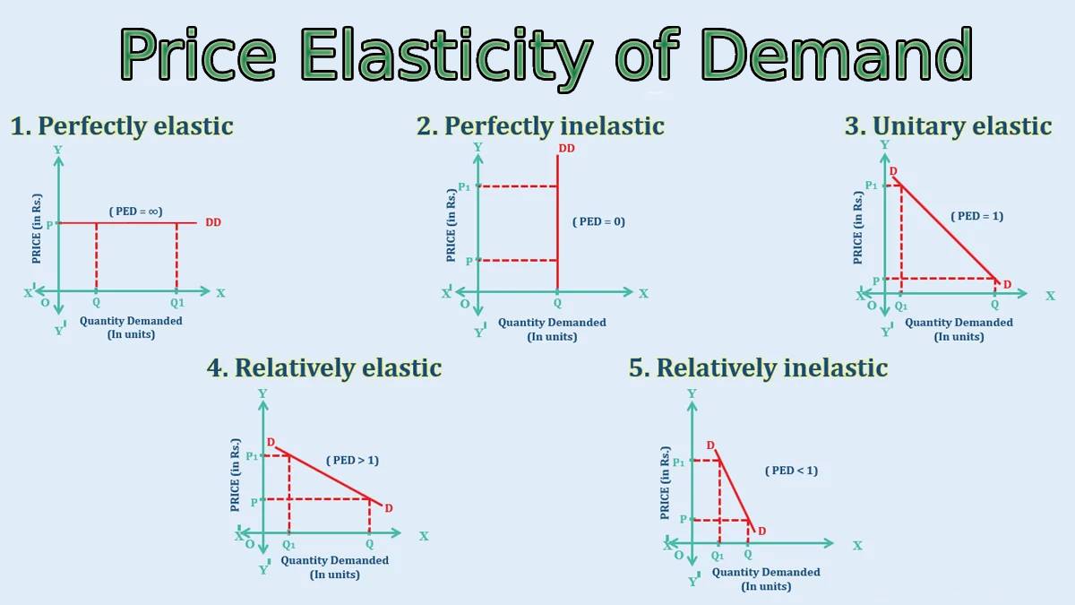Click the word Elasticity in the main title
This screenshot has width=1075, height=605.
(446, 56)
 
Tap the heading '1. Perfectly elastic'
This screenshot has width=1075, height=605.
(122, 126)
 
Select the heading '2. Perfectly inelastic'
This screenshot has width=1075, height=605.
(540, 126)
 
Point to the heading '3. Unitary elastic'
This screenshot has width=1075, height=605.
(949, 126)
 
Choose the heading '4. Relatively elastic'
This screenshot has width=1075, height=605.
(324, 368)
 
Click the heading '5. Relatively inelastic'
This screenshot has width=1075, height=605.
(758, 368)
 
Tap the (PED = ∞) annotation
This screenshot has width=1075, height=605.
(136, 212)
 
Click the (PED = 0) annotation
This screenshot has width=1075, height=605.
(599, 222)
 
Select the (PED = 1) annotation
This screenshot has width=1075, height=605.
(977, 216)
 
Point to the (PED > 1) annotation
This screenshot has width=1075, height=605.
(352, 461)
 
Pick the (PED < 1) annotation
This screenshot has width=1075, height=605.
(791, 471)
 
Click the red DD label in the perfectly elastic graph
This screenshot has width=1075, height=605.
(213, 223)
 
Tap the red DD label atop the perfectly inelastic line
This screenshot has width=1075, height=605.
(566, 149)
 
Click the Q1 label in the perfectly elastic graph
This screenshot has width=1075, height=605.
(177, 303)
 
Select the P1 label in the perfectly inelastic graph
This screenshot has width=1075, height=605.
(464, 186)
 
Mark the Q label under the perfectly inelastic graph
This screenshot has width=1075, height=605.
(557, 304)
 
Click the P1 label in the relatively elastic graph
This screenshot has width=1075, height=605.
(252, 456)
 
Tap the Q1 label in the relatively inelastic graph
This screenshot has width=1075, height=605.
(717, 556)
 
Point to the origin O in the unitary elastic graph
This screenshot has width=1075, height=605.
(872, 306)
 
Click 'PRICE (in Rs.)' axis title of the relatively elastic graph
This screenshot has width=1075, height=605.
(235, 475)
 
